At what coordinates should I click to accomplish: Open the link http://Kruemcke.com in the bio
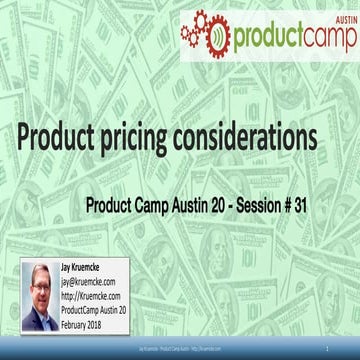[100, 296]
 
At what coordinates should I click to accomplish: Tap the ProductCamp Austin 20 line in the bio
[110, 308]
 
